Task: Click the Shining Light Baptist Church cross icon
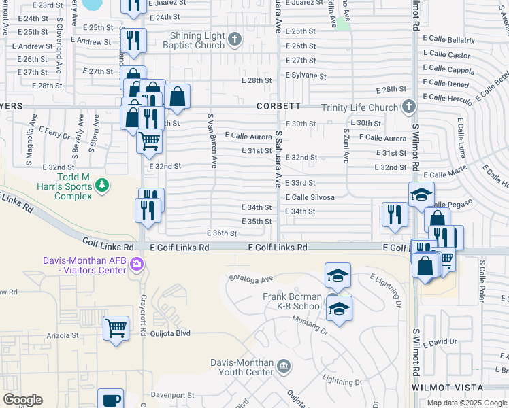pos(235,39)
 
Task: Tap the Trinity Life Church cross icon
pos(408,107)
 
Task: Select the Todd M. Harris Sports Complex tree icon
pos(101,184)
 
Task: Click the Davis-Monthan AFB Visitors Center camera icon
pos(137,265)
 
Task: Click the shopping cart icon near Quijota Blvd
pos(116,328)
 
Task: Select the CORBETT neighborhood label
pos(278,107)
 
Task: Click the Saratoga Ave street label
pos(250,278)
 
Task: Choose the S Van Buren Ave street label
pos(212,141)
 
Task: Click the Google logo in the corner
pos(22,400)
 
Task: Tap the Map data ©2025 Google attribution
pos(467,403)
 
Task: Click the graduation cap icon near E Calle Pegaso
pos(421,194)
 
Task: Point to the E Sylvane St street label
pos(306,75)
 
